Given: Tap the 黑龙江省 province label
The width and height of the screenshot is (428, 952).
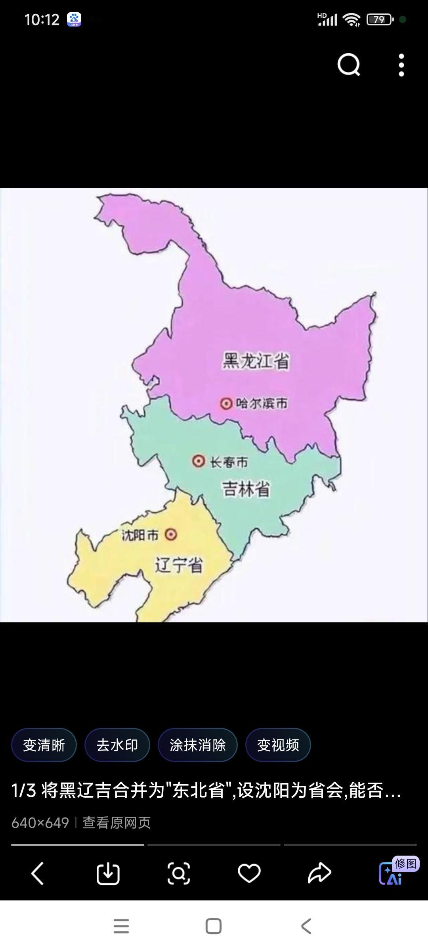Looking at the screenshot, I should pyautogui.click(x=256, y=361).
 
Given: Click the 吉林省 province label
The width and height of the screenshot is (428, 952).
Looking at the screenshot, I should pyautogui.click(x=246, y=489).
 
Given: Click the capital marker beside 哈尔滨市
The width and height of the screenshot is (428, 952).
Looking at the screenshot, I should pyautogui.click(x=226, y=404).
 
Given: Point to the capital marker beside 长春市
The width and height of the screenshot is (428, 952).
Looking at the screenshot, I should pyautogui.click(x=199, y=461).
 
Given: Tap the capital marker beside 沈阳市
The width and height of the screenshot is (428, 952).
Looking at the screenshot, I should pyautogui.click(x=171, y=535).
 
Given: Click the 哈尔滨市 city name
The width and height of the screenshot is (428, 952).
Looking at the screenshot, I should pyautogui.click(x=262, y=404).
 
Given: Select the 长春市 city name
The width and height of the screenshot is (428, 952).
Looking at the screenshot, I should pyautogui.click(x=229, y=462).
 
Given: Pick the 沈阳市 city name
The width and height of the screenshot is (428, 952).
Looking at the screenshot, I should pyautogui.click(x=140, y=535).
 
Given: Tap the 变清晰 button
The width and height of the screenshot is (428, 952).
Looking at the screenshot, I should pyautogui.click(x=44, y=745).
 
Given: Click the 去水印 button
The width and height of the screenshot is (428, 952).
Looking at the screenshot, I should pyautogui.click(x=117, y=745).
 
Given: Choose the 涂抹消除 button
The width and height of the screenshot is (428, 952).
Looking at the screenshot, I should pyautogui.click(x=198, y=745).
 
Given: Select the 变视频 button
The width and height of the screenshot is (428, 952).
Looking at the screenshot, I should pyautogui.click(x=278, y=745).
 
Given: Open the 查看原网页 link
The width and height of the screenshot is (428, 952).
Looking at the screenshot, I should pyautogui.click(x=117, y=823).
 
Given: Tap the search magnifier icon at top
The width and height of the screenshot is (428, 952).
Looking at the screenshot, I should pyautogui.click(x=349, y=65).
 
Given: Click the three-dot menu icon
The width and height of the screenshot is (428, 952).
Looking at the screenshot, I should pyautogui.click(x=401, y=65).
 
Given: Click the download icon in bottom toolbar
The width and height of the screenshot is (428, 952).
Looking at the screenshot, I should pyautogui.click(x=108, y=873).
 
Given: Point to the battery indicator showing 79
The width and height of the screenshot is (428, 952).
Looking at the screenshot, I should pyautogui.click(x=379, y=19).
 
